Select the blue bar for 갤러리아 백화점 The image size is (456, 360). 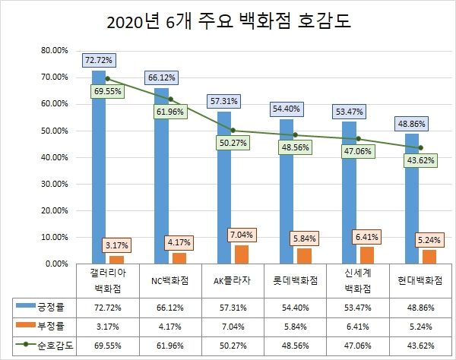[x=99, y=167]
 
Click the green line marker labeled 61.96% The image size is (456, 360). [x=170, y=99]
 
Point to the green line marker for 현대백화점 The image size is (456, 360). [x=420, y=147]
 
